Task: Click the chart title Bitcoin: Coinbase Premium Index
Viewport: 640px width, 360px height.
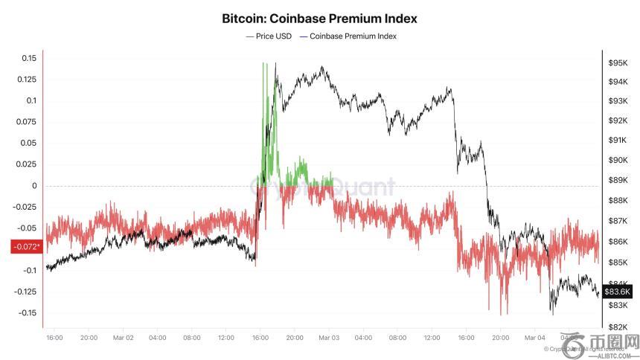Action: coord(320,17)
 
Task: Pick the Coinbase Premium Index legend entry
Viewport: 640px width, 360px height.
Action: coord(348,36)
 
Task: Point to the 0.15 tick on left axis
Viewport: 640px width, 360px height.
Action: coord(28,58)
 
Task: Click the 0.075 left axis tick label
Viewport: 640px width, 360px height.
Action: coord(25,122)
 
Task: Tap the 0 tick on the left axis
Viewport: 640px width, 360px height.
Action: coord(33,186)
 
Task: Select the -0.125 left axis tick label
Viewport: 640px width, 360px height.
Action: coord(23,292)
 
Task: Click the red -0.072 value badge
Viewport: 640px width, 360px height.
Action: coord(25,246)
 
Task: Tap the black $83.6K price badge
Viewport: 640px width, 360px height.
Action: coord(618,292)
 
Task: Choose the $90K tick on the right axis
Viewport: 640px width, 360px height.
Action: coord(619,161)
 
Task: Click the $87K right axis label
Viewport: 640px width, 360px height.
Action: coord(619,222)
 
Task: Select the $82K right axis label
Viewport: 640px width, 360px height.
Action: coord(619,327)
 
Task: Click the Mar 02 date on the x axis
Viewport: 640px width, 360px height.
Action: coord(123,338)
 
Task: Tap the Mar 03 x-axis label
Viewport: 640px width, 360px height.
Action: coord(329,338)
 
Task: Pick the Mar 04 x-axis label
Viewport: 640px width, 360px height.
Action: coord(535,338)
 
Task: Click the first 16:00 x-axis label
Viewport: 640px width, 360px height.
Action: coord(54,338)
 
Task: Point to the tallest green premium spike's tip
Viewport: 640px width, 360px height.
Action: coord(264,64)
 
